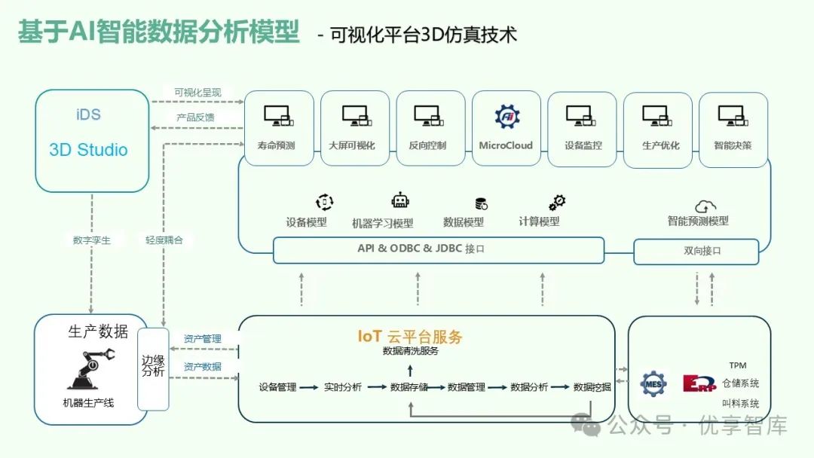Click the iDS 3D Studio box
92,140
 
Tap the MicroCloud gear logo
506,116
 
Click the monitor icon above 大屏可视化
355,115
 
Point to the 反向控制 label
427,145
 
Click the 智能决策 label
733,145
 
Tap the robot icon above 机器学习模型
400,201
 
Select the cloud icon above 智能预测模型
705,206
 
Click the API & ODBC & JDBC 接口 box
438,250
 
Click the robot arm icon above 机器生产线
90,368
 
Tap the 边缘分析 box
153,368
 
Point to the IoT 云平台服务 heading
410,337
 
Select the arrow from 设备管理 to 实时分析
308,387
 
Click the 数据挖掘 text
592,387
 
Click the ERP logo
697,383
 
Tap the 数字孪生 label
91,240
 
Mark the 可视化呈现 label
197,93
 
